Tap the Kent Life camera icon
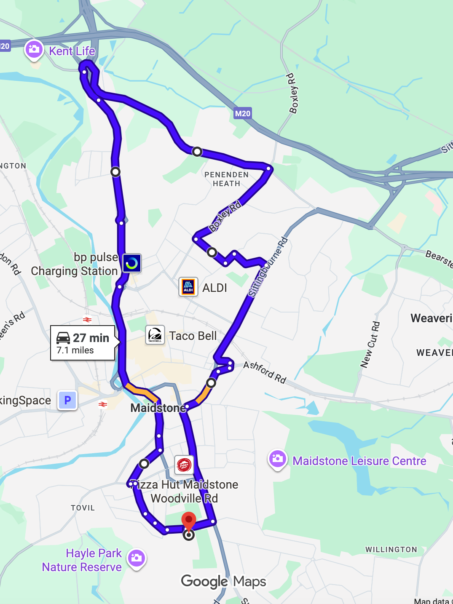34,50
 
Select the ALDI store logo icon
188,287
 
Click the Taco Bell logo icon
155,335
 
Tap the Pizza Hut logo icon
184,465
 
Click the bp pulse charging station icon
132,263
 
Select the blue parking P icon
67,400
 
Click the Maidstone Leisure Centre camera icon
278,460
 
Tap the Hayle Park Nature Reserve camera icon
137,558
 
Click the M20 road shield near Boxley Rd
243,113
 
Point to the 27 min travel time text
91,338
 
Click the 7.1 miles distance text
75,350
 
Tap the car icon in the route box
63,338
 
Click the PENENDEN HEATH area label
227,179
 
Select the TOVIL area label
83,508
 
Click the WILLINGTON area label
391,550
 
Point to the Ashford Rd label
265,372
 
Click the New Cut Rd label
370,345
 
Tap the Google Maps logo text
224,582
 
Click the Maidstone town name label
158,408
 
